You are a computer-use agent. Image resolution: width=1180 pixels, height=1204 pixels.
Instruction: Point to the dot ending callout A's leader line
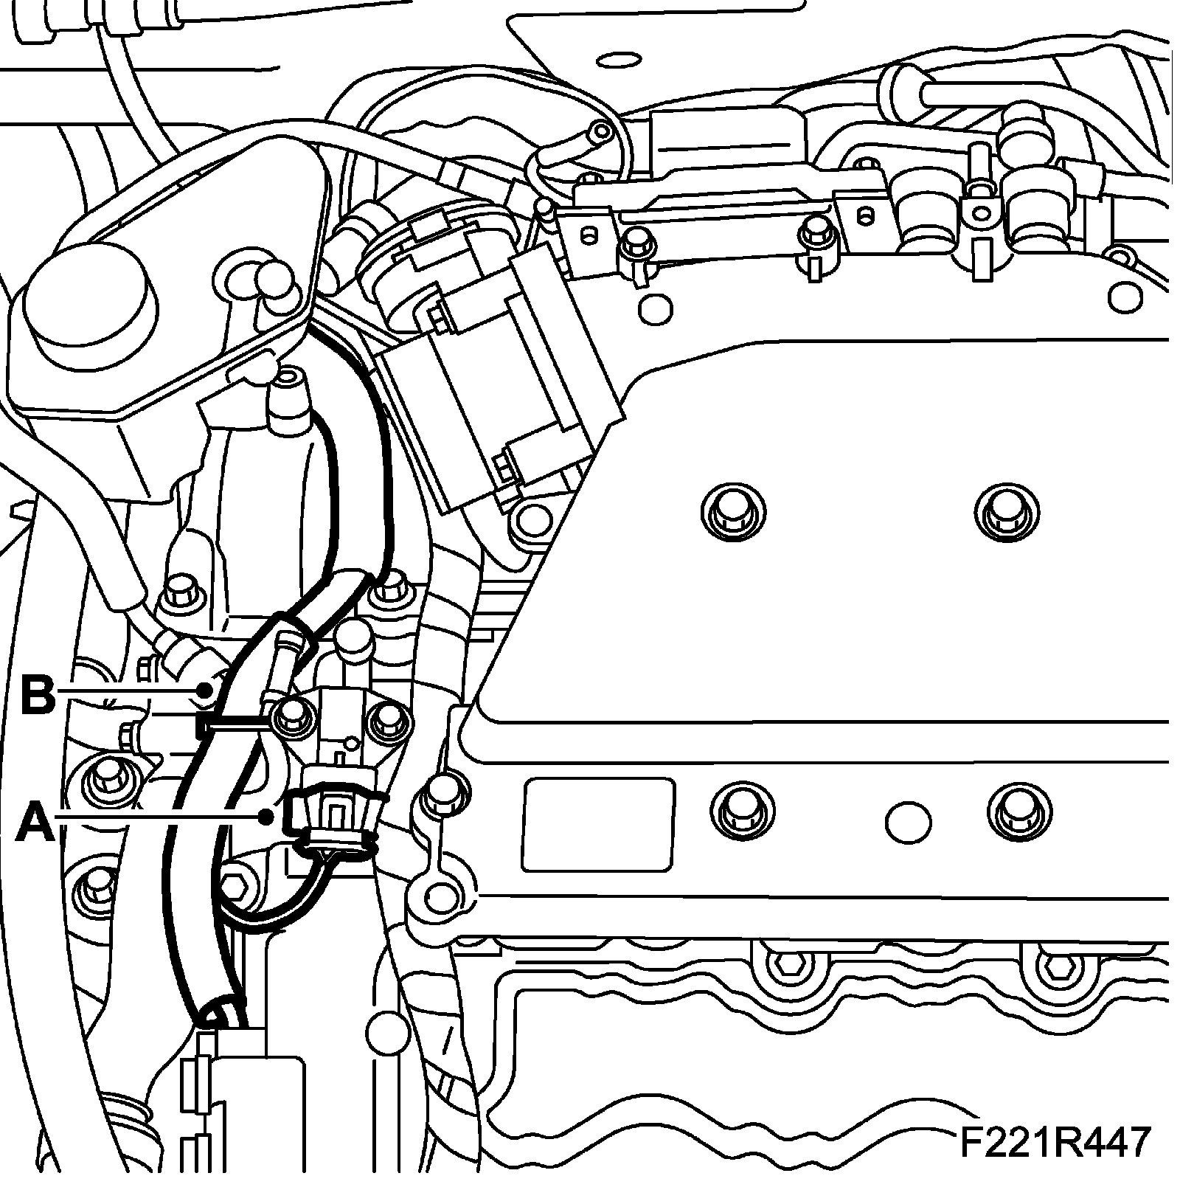click(267, 816)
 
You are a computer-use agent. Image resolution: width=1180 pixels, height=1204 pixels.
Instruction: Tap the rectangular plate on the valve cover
click(598, 823)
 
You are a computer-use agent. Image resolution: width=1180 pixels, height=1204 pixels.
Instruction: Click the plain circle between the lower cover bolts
click(908, 821)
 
